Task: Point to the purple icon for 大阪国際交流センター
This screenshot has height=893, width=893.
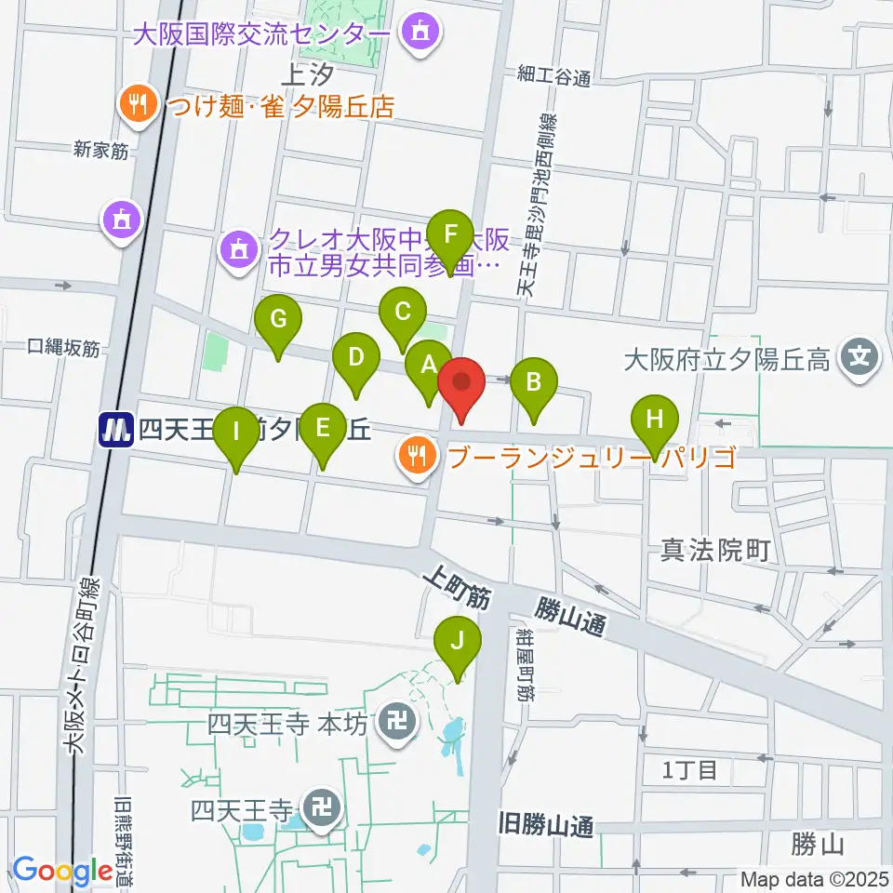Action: pos(418,34)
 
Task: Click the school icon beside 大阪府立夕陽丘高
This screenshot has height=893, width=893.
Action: pos(861,357)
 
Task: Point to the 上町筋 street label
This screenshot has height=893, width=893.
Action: pos(455,590)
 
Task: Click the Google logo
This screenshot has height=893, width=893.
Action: pos(63,870)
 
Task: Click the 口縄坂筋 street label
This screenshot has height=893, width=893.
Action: pos(62,348)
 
